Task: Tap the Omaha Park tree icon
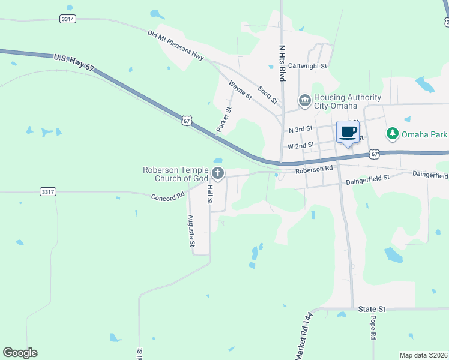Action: coord(392,133)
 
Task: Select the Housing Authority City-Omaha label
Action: coord(348,102)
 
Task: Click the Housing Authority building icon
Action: coord(304,100)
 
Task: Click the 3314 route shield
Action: coord(68,19)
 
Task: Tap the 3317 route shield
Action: coord(48,191)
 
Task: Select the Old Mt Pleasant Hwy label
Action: coord(176,45)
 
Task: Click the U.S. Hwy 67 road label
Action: coord(74,61)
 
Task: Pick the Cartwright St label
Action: coord(307,66)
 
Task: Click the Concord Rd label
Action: coord(167,197)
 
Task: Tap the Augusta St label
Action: coord(191,231)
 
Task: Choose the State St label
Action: coord(372,309)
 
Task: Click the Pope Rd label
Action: coord(373,328)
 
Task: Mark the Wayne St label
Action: coord(241,91)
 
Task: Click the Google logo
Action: coord(20,353)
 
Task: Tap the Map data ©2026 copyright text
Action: coord(423,355)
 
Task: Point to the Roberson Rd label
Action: coord(313,170)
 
